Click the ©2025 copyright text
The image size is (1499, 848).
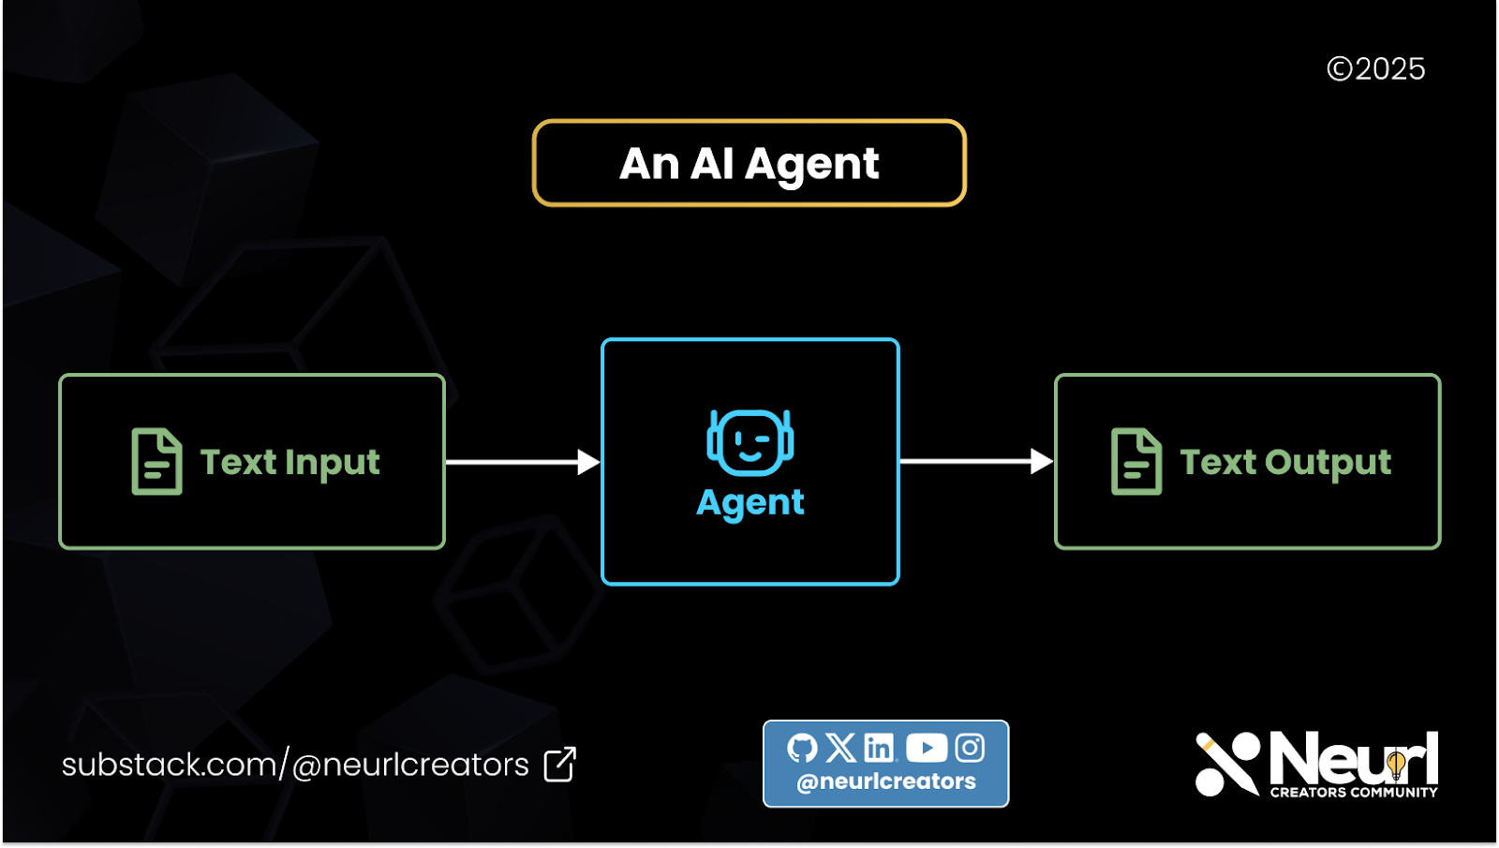coord(1375,69)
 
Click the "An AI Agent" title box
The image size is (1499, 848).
coord(749,163)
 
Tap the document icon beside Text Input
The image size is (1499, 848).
coord(156,461)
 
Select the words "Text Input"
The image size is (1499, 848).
coord(290,462)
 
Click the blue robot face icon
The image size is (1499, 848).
coord(749,441)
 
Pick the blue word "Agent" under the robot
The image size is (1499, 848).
coord(749,503)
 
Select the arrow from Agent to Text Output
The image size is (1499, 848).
coord(975,461)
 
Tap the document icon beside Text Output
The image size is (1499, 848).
coord(1135,461)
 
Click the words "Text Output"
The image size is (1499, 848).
coord(1285,462)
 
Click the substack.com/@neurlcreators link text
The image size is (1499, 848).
coord(295,765)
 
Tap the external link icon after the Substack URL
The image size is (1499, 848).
coord(560,765)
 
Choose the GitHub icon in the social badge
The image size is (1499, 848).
coord(802,748)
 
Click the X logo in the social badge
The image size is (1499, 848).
coord(840,748)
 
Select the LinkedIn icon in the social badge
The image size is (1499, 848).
coord(879,748)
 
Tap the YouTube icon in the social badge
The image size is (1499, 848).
coord(927,748)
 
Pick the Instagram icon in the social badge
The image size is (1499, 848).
coord(970,748)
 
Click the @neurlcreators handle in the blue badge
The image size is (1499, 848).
coord(886,781)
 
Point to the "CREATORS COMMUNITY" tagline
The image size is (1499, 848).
coord(1354,793)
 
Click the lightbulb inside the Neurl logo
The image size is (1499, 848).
coord(1396,765)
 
